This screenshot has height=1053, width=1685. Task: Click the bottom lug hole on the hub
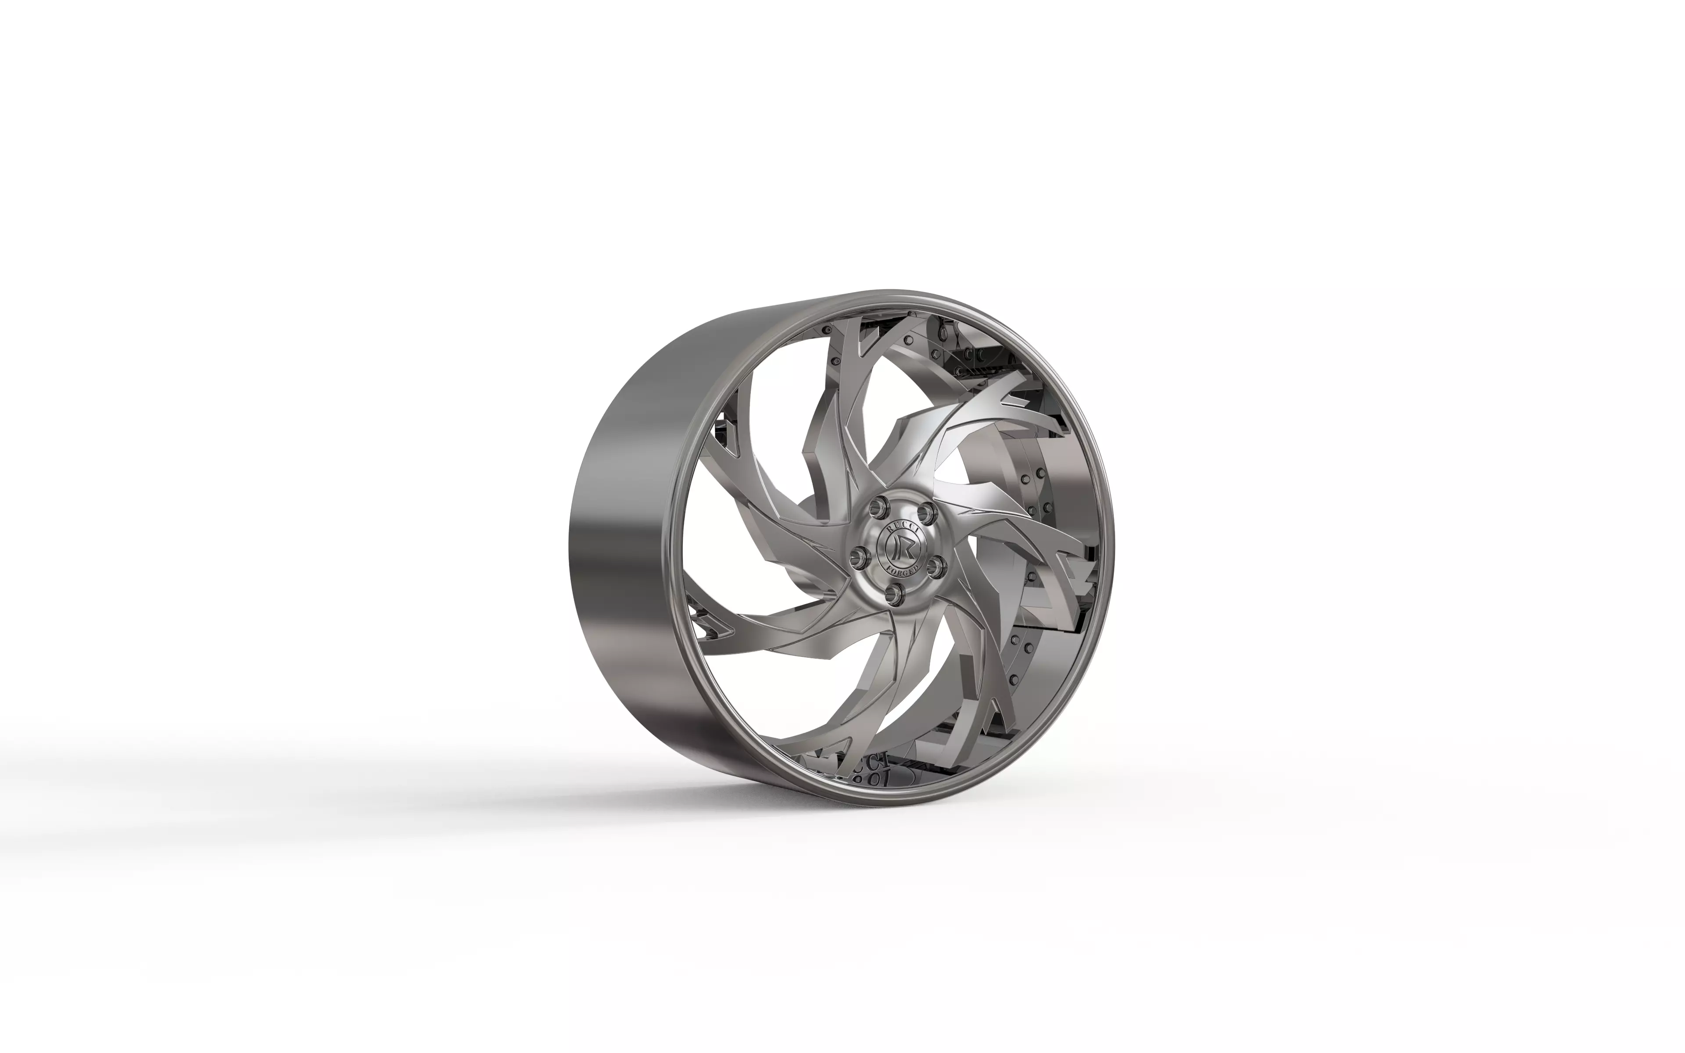click(901, 593)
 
